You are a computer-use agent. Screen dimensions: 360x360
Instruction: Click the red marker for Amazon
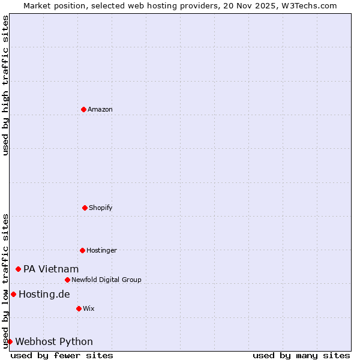pyautogui.click(x=84, y=109)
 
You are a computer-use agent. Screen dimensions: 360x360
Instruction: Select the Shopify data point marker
pyautogui.click(x=85, y=208)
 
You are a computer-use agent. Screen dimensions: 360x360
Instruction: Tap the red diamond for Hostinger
pyautogui.click(x=82, y=250)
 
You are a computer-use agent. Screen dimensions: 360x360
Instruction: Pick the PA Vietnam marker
pyautogui.click(x=19, y=269)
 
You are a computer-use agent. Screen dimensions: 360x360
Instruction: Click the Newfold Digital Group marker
pyautogui.click(x=67, y=280)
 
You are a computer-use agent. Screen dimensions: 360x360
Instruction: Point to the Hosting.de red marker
pyautogui.click(x=13, y=294)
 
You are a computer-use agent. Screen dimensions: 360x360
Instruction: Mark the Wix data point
pyautogui.click(x=79, y=308)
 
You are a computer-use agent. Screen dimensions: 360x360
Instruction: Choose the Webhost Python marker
pyautogui.click(x=10, y=341)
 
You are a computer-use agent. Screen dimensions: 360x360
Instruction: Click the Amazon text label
pyautogui.click(x=100, y=109)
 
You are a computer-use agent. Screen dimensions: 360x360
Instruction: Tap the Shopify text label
pyautogui.click(x=101, y=208)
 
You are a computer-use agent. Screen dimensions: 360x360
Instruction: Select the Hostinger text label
pyautogui.click(x=101, y=250)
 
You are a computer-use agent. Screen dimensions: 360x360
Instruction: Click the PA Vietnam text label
pyautogui.click(x=51, y=269)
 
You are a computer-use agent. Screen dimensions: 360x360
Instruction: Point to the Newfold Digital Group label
pyautogui.click(x=106, y=280)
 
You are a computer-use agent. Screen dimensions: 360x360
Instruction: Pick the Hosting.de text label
pyautogui.click(x=44, y=294)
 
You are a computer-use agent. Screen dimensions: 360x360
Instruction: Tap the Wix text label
pyautogui.click(x=89, y=308)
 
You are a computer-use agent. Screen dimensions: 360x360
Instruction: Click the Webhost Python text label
pyautogui.click(x=54, y=341)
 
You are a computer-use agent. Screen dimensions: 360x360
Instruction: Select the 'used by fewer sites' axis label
pyautogui.click(x=62, y=355)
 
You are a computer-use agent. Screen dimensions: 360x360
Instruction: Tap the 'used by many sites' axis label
pyautogui.click(x=301, y=355)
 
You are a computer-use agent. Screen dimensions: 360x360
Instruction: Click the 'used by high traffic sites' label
pyautogui.click(x=5, y=85)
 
